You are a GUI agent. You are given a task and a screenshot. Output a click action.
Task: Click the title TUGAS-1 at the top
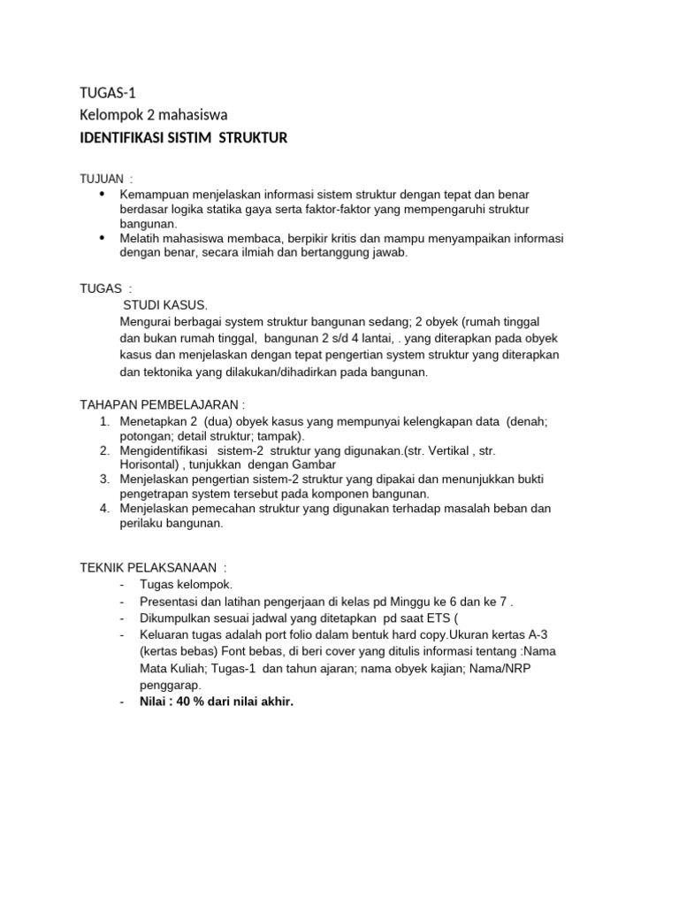click(108, 93)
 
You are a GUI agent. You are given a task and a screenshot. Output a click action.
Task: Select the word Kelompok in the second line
click(108, 115)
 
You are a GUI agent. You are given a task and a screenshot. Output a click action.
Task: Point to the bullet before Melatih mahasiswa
click(103, 238)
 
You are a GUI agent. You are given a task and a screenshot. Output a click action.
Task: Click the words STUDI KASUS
click(165, 304)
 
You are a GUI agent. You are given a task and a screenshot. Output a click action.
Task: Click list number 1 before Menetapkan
click(103, 422)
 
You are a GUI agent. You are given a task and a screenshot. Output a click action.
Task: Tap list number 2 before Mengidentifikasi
click(103, 450)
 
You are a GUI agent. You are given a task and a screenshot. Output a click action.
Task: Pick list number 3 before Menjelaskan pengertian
click(103, 479)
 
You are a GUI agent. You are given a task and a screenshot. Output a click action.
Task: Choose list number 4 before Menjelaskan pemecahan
click(103, 508)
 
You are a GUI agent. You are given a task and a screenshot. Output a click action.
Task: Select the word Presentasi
click(168, 602)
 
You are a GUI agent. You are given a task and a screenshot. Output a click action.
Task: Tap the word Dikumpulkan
click(173, 618)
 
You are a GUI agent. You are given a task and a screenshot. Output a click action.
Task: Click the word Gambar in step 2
click(314, 465)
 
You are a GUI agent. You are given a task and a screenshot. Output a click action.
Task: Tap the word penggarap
click(167, 685)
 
